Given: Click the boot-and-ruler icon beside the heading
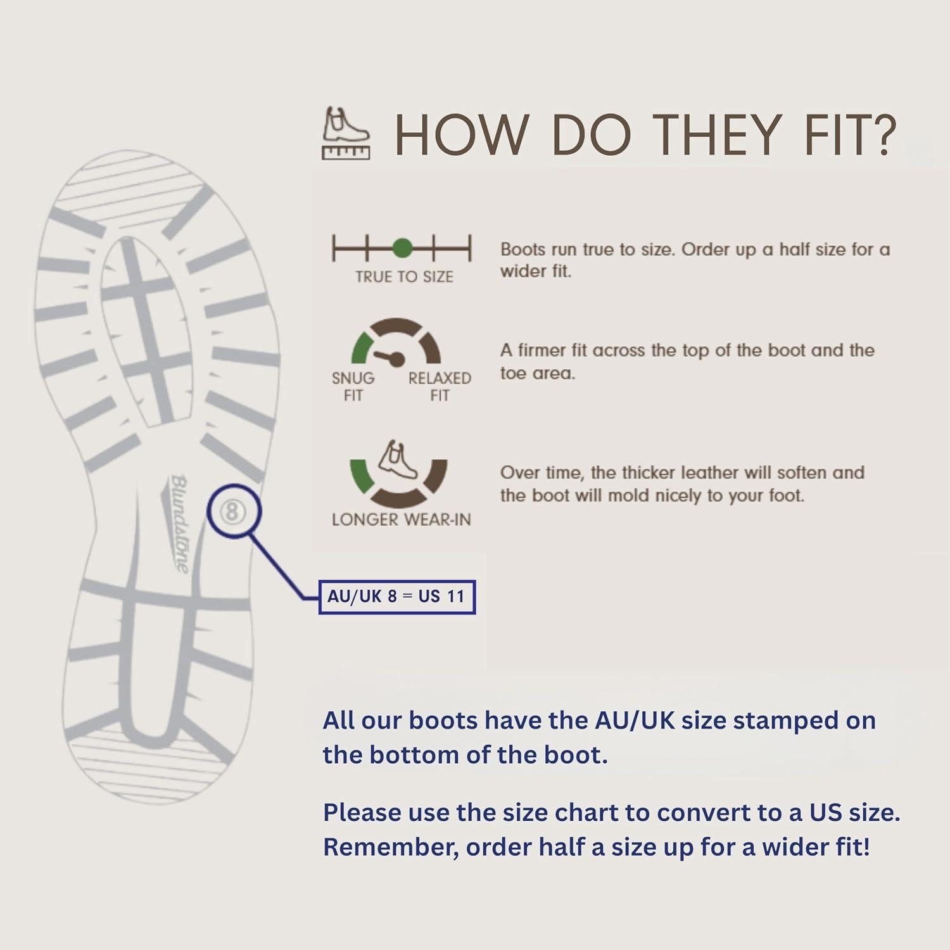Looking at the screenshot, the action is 346,133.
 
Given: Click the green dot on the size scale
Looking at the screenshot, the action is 402,248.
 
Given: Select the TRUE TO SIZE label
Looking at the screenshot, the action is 404,277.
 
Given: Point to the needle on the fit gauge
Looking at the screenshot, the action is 388,357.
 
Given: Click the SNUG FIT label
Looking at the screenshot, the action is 353,387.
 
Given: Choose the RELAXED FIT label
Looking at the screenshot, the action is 440,387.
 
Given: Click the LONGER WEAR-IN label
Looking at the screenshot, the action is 402,520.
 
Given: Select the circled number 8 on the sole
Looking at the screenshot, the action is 232,511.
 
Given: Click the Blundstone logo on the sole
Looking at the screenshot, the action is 179,523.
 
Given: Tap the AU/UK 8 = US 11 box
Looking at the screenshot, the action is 397,597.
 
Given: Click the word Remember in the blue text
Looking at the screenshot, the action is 391,849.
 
